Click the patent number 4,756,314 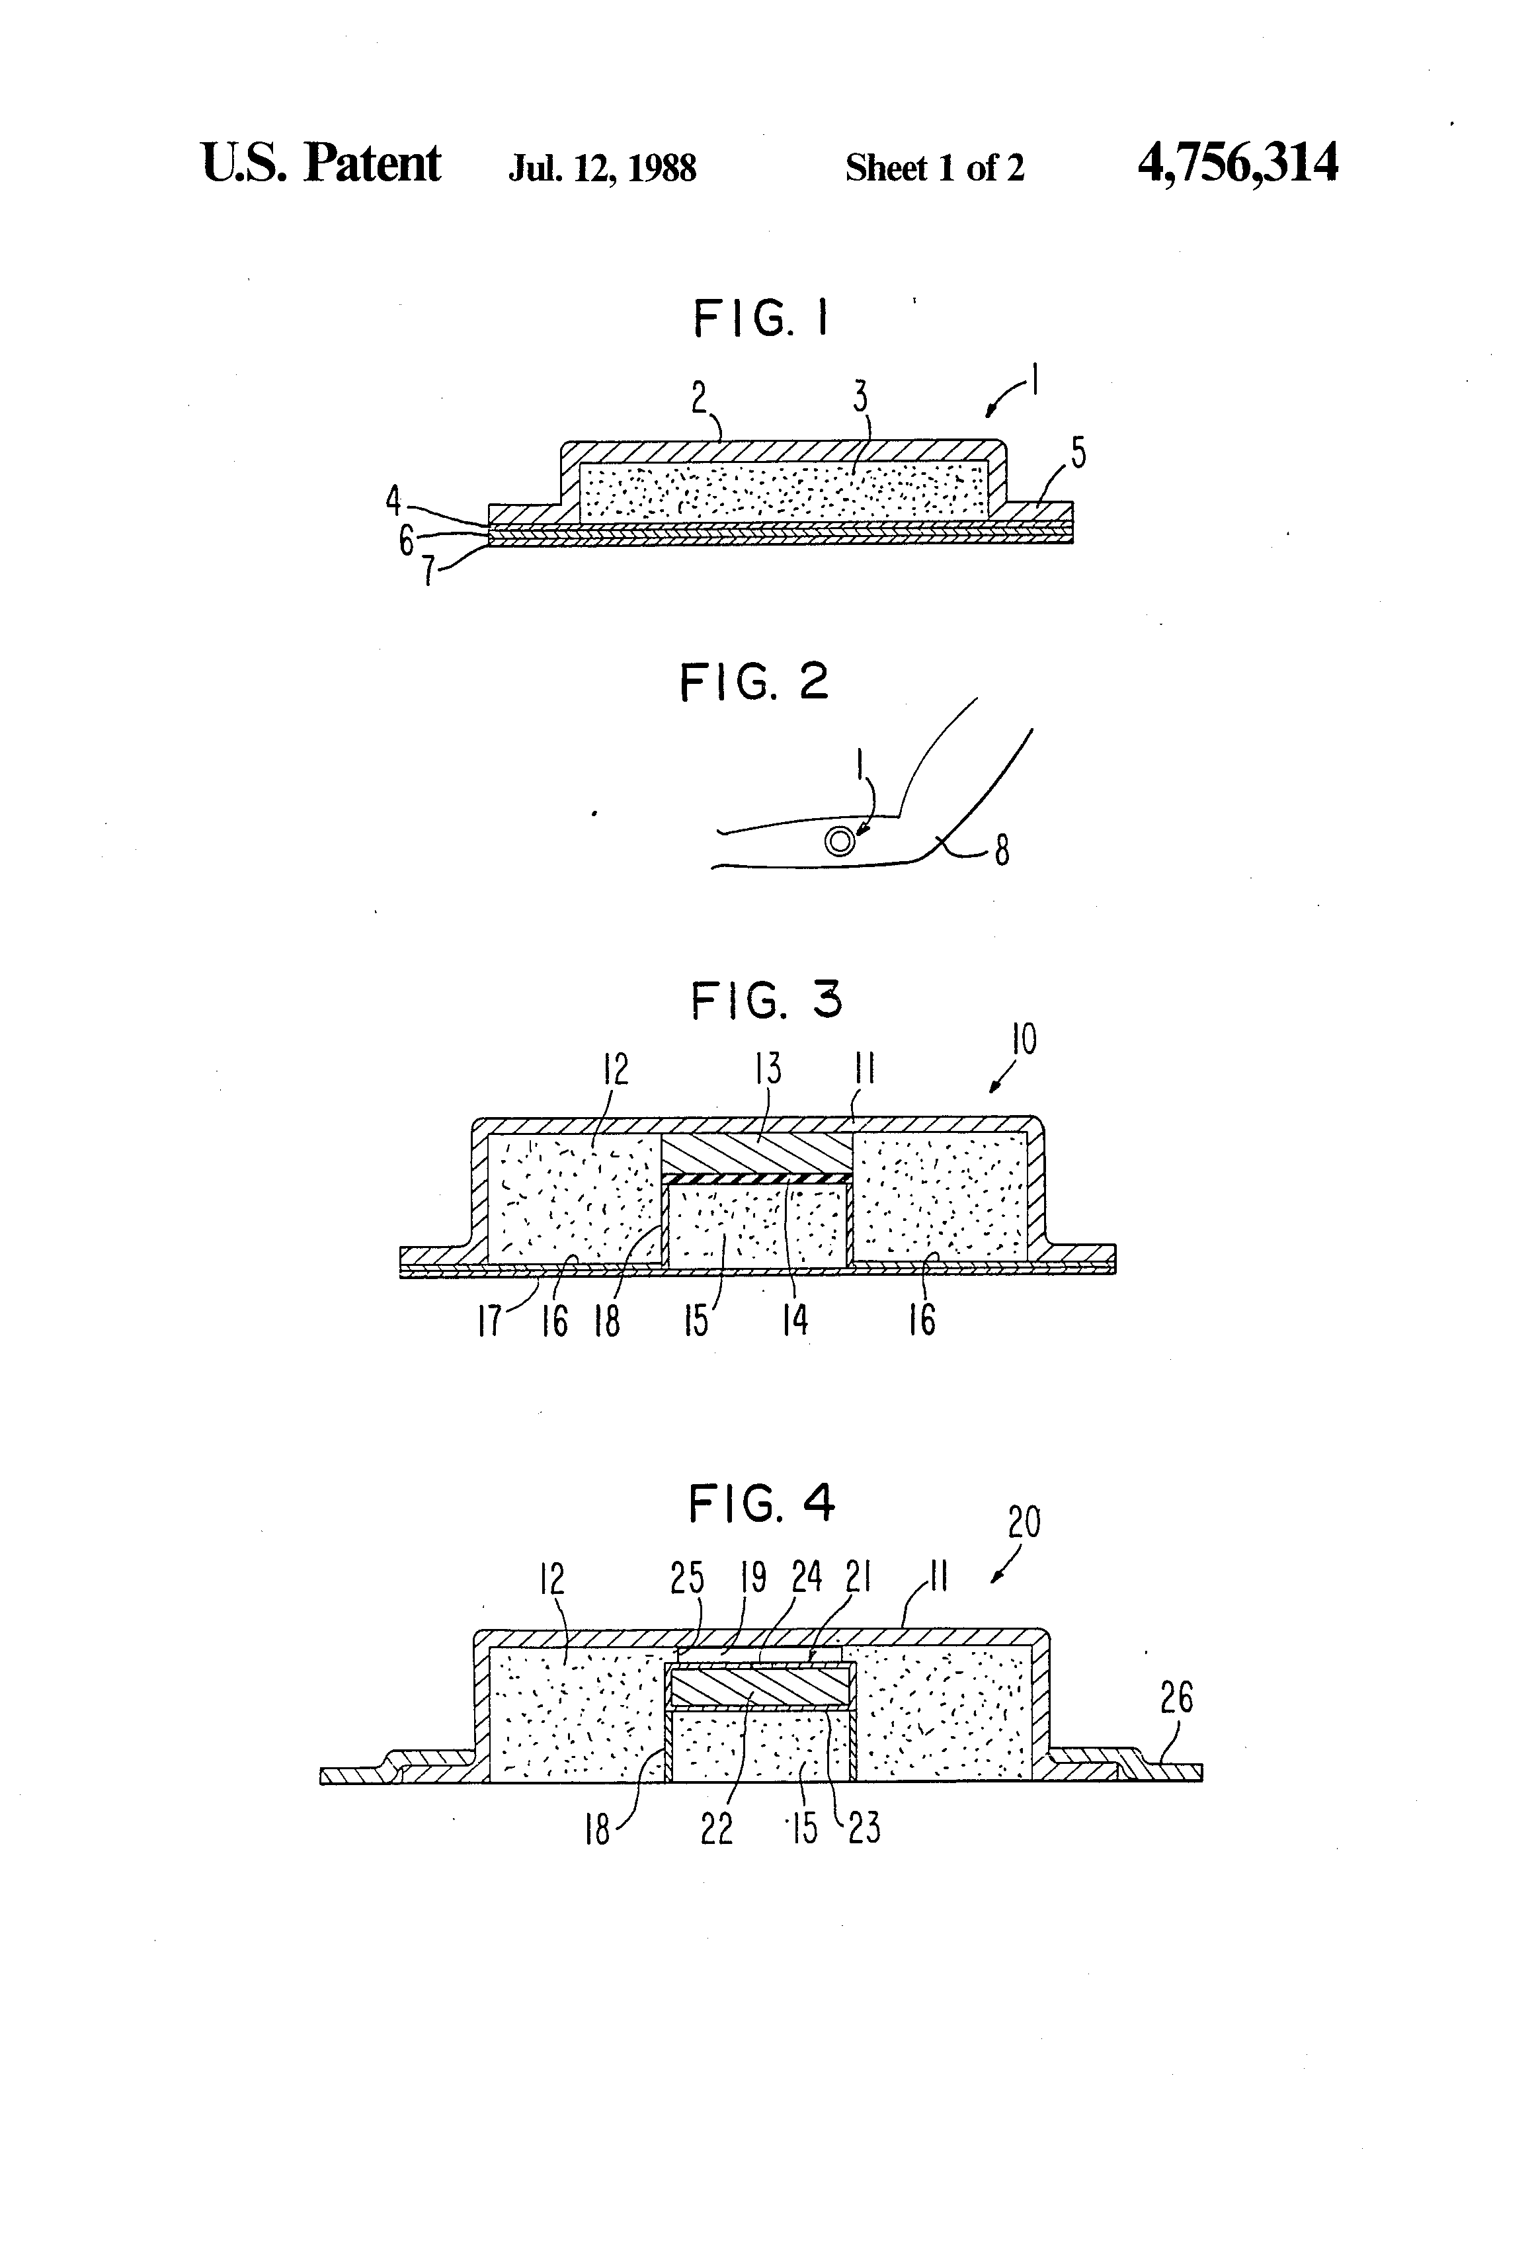[1237, 163]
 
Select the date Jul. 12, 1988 [602, 169]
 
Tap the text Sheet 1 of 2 [934, 169]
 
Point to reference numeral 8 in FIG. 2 [1002, 851]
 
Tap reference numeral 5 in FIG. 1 [1078, 453]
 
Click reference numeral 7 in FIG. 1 [428, 570]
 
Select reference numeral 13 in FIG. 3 [768, 1069]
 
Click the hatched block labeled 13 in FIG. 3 [756, 1152]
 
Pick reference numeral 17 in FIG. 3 [490, 1320]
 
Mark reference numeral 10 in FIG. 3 [1024, 1039]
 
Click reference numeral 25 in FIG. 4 [686, 1579]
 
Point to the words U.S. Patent [321, 163]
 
